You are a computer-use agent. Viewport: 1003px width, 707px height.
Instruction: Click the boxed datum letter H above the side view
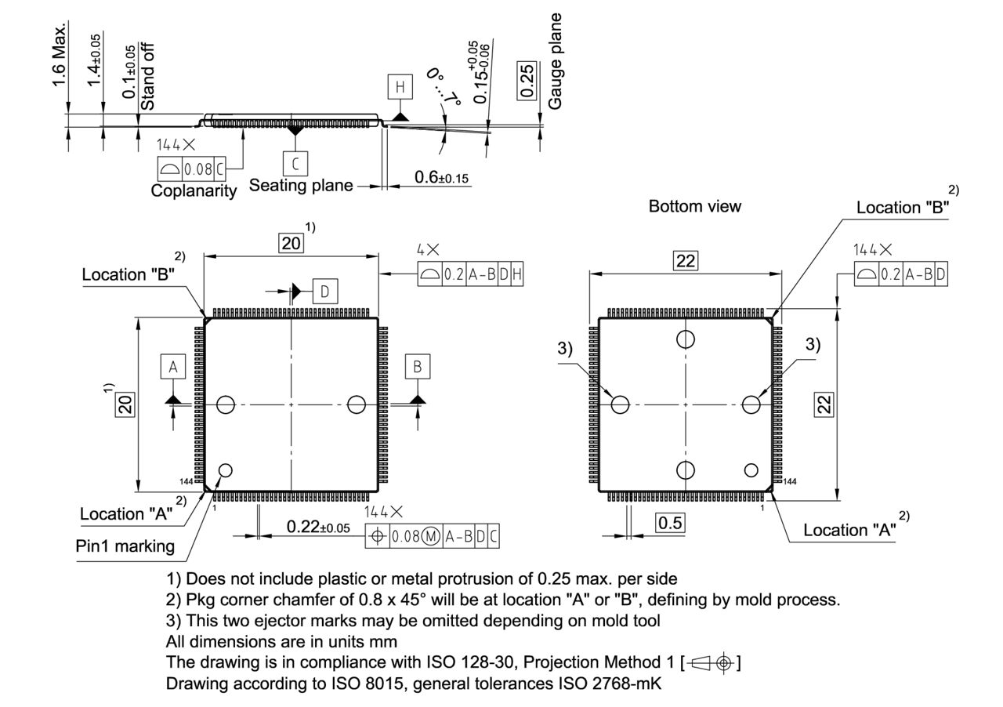pos(400,87)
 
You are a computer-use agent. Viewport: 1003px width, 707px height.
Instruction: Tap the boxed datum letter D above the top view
pos(324,292)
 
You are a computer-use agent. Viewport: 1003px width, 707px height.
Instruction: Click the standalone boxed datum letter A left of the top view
pos(173,366)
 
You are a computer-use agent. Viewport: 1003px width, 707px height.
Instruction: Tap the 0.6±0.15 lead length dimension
pos(440,178)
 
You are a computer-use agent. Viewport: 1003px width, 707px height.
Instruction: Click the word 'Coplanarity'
pos(193,190)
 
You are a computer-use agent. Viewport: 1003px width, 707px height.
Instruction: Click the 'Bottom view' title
pos(694,206)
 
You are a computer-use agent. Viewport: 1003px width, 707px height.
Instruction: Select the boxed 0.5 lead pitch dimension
pos(671,523)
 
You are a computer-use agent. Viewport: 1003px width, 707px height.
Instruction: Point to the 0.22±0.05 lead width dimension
pos(318,527)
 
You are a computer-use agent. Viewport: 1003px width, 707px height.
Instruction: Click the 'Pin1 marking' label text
pos(125,546)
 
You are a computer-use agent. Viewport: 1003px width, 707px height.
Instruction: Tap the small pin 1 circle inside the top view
pos(226,470)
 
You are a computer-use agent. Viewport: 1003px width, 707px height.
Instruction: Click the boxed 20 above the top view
pos(291,243)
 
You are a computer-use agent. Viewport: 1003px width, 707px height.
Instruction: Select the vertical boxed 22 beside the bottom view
pos(824,403)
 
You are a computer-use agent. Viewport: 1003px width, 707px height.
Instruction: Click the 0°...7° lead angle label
pos(442,86)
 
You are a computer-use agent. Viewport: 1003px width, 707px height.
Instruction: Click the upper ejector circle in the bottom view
pos(686,339)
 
